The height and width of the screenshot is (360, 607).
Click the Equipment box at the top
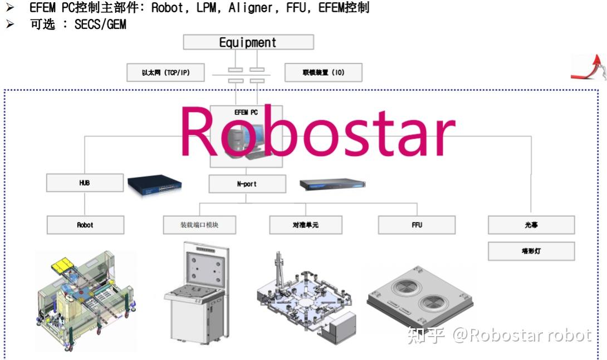(x=248, y=42)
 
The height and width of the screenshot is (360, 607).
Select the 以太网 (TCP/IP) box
(x=165, y=72)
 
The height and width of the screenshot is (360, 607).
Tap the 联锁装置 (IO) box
(x=324, y=72)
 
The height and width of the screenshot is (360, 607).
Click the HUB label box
(x=85, y=183)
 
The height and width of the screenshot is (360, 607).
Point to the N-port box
(x=247, y=184)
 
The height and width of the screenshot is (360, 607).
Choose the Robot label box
(x=85, y=225)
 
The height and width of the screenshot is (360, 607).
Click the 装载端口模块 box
(x=199, y=225)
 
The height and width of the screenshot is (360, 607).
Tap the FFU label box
(x=417, y=225)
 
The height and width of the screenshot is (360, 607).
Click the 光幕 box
(x=531, y=225)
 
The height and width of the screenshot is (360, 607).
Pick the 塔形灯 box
(x=531, y=251)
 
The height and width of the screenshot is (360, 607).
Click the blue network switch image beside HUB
(x=155, y=184)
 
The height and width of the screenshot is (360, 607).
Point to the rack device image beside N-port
(x=332, y=184)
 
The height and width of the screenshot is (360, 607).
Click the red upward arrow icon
(x=590, y=68)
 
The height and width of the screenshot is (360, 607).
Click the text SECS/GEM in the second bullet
(x=100, y=25)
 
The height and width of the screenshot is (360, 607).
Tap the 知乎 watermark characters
(x=426, y=335)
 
